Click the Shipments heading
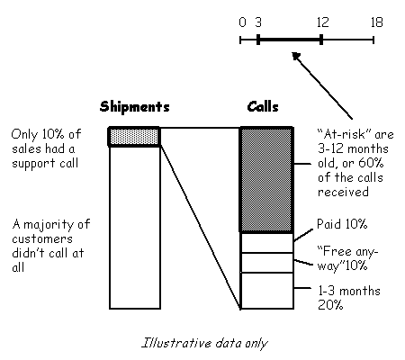(x=135, y=107)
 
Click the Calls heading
(x=263, y=107)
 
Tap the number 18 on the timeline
(x=377, y=22)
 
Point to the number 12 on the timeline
(x=323, y=22)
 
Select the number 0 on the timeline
(x=243, y=22)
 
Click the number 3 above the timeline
(x=258, y=22)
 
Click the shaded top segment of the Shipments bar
(x=134, y=137)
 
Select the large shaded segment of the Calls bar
(x=266, y=180)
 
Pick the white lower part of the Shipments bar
(x=135, y=228)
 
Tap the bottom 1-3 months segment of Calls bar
(x=266, y=291)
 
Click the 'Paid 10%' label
(x=342, y=224)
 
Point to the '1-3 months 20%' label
(x=349, y=298)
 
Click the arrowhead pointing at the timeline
(x=296, y=57)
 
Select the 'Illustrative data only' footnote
(x=204, y=343)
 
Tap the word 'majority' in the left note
(x=49, y=225)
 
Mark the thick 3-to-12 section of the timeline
(x=290, y=40)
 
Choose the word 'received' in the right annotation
(x=343, y=192)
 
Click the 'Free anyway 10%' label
(x=347, y=258)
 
